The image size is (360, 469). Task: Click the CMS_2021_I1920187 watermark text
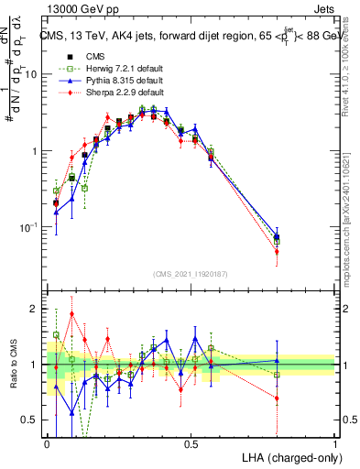pos(191,274)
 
